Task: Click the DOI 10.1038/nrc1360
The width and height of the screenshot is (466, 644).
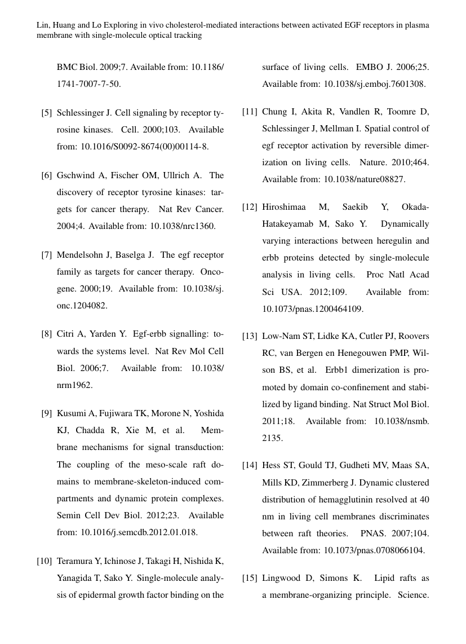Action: (x=183, y=226)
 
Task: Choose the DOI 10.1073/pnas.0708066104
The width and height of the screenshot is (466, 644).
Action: (x=374, y=550)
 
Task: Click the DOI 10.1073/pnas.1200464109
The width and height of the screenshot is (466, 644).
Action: (x=313, y=309)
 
